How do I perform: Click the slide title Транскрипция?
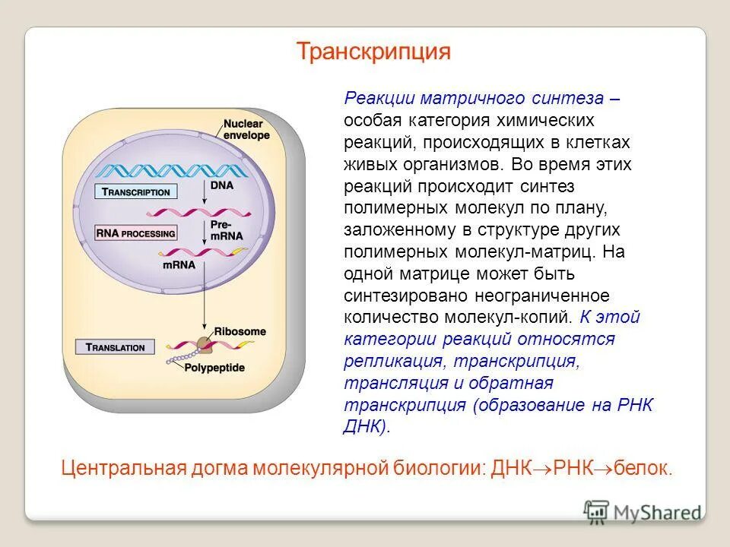373,52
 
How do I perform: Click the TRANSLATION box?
116,347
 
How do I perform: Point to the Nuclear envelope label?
246,129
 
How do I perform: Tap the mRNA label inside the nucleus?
179,265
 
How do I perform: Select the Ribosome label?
240,331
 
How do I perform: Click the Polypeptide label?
214,368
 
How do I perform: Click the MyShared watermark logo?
643,511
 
